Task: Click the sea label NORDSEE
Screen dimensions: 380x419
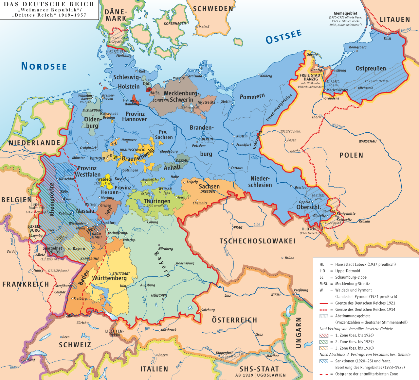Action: pos(44,66)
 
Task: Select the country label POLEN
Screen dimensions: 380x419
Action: pos(351,155)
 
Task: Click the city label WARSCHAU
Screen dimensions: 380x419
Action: pos(368,141)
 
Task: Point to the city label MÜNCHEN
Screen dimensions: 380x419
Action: pos(159,296)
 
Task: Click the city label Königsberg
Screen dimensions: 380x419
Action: pos(357,47)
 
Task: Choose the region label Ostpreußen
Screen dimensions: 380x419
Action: pos(371,69)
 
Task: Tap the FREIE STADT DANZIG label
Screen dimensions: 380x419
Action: pos(311,77)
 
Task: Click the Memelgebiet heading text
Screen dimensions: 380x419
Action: pos(345,13)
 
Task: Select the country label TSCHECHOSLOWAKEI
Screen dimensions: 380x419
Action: pos(257,241)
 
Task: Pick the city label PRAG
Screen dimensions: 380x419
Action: pos(238,227)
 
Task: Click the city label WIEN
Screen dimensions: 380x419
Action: pos(274,295)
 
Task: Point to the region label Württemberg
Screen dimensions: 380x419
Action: pos(109,278)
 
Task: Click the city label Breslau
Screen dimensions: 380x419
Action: pos(301,188)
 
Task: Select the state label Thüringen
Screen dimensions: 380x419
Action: pos(157,201)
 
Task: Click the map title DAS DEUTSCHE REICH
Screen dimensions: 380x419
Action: pos(49,4)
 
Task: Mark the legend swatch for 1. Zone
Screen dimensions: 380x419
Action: pos(323,336)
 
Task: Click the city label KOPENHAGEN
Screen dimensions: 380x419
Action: pos(175,24)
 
